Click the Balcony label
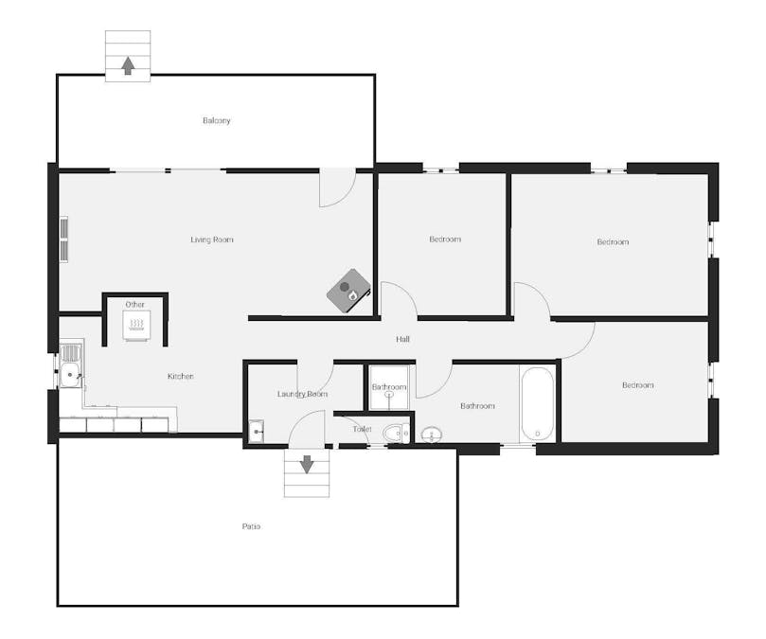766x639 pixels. pyautogui.click(x=217, y=120)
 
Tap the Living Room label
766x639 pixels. pyautogui.click(x=212, y=240)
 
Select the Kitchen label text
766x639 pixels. pyautogui.click(x=181, y=376)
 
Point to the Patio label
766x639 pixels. pyautogui.click(x=251, y=526)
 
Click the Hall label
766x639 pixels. pyautogui.click(x=402, y=339)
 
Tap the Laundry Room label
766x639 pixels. pyautogui.click(x=302, y=394)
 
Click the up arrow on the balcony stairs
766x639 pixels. pyautogui.click(x=128, y=65)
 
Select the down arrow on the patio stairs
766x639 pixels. pyautogui.click(x=306, y=465)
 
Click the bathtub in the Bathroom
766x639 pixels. pyautogui.click(x=538, y=404)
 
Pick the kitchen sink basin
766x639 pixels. pyautogui.click(x=70, y=375)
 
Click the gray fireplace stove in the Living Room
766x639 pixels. pyautogui.click(x=348, y=291)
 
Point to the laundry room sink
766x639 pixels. pyautogui.click(x=256, y=432)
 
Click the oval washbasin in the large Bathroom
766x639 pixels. pyautogui.click(x=432, y=434)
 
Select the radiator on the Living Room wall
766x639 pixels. pyautogui.click(x=64, y=240)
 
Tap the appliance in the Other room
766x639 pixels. pyautogui.click(x=136, y=325)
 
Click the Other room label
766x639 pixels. pyautogui.click(x=134, y=305)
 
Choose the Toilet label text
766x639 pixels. pyautogui.click(x=362, y=429)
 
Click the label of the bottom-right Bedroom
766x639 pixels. pyautogui.click(x=638, y=385)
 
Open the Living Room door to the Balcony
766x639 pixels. pyautogui.click(x=337, y=187)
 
